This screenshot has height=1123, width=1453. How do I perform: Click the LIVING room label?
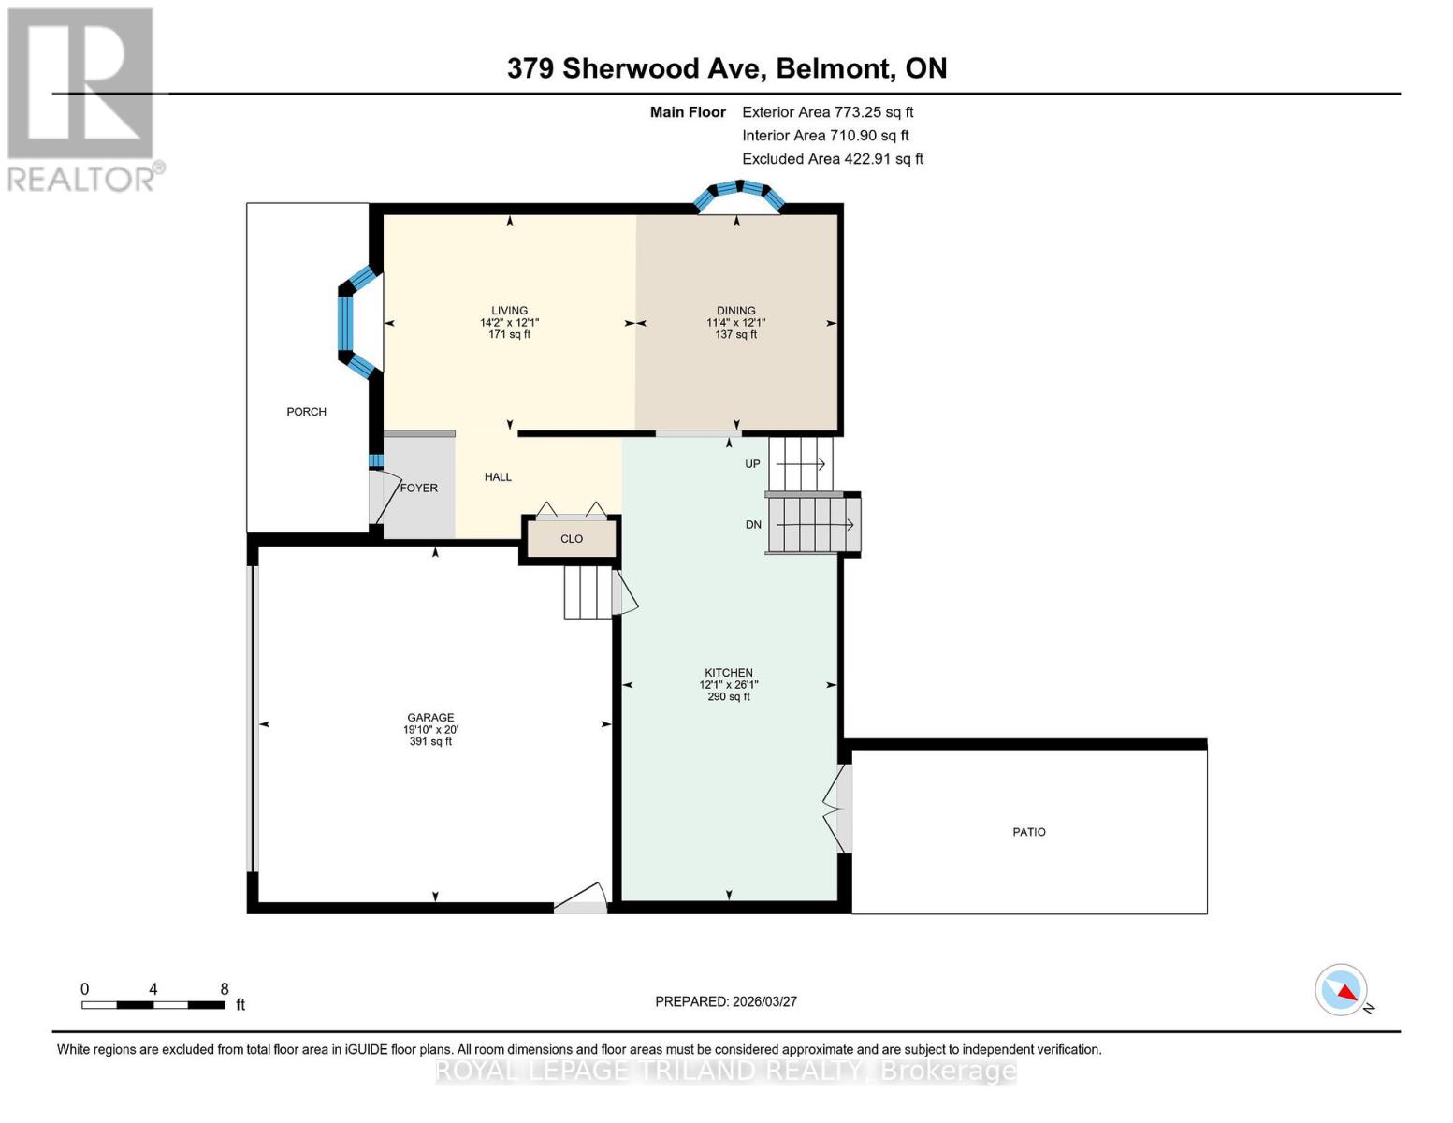509,311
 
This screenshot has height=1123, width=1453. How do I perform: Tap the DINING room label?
735,311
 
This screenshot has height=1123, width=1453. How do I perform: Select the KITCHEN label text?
728,673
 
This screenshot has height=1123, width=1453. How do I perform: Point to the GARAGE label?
430,718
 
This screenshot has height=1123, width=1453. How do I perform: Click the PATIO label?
1028,832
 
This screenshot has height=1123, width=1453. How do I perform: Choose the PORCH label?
306,412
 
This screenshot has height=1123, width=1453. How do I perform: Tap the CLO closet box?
572,539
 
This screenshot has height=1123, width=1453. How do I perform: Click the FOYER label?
418,488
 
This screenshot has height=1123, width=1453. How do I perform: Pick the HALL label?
498,477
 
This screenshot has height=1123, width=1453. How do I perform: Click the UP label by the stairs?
752,464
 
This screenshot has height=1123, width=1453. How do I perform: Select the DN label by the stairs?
753,525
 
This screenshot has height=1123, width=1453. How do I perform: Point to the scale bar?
153,1005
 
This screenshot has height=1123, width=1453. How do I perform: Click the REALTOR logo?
82,98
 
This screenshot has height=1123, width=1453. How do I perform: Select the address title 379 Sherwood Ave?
726,68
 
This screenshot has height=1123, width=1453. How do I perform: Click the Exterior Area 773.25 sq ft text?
827,112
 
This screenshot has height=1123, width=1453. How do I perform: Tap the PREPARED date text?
725,1001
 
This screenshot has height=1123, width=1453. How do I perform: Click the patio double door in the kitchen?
837,809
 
